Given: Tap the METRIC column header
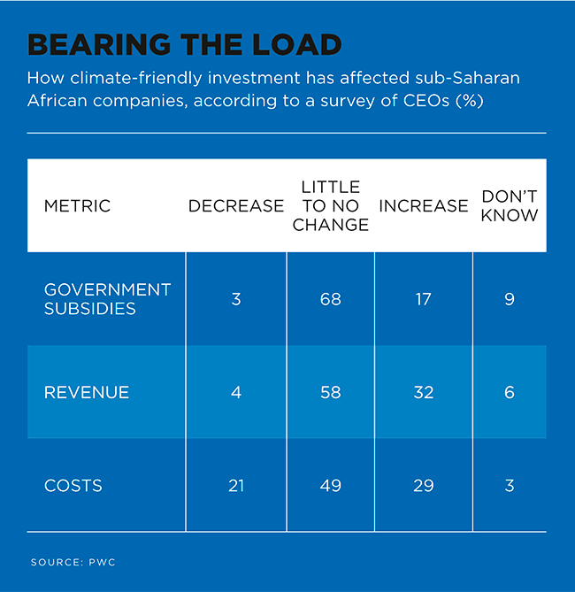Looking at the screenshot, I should tap(77, 206).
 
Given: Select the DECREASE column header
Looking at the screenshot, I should tap(235, 206).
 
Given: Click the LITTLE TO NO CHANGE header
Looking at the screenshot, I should tap(330, 206).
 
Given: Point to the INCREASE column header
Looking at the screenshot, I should tap(423, 206).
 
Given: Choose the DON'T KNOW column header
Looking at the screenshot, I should tap(509, 206).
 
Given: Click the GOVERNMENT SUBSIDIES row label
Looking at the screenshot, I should tap(107, 299).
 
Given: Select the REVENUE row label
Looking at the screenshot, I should tap(87, 392).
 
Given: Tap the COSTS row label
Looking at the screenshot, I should tap(73, 486).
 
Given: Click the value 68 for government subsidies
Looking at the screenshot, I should tap(330, 299).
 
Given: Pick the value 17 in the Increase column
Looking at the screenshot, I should tap(423, 299).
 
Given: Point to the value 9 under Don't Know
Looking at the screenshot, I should tap(510, 299).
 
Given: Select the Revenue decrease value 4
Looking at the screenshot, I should tap(236, 392).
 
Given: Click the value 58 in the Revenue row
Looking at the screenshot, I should tap(330, 392).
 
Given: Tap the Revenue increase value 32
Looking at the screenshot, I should tap(423, 392).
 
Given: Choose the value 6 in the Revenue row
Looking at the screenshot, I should tap(510, 392).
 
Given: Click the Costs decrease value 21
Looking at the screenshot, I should tap(236, 486).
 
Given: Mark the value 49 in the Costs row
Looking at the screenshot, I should tap(330, 486).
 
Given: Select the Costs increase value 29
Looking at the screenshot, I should tap(423, 486).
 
